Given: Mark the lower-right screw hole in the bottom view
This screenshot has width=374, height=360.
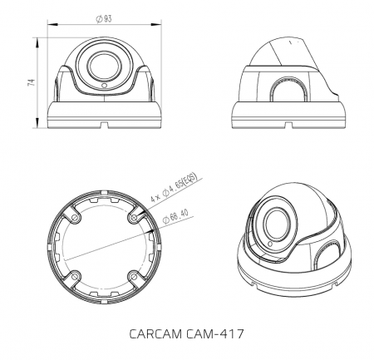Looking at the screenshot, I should (130, 275).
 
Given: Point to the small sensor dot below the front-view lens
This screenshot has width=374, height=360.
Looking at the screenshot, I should (103, 86).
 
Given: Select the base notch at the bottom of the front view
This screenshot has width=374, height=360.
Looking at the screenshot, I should (102, 126).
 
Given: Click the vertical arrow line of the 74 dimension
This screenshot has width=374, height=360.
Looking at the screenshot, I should (38, 83).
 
